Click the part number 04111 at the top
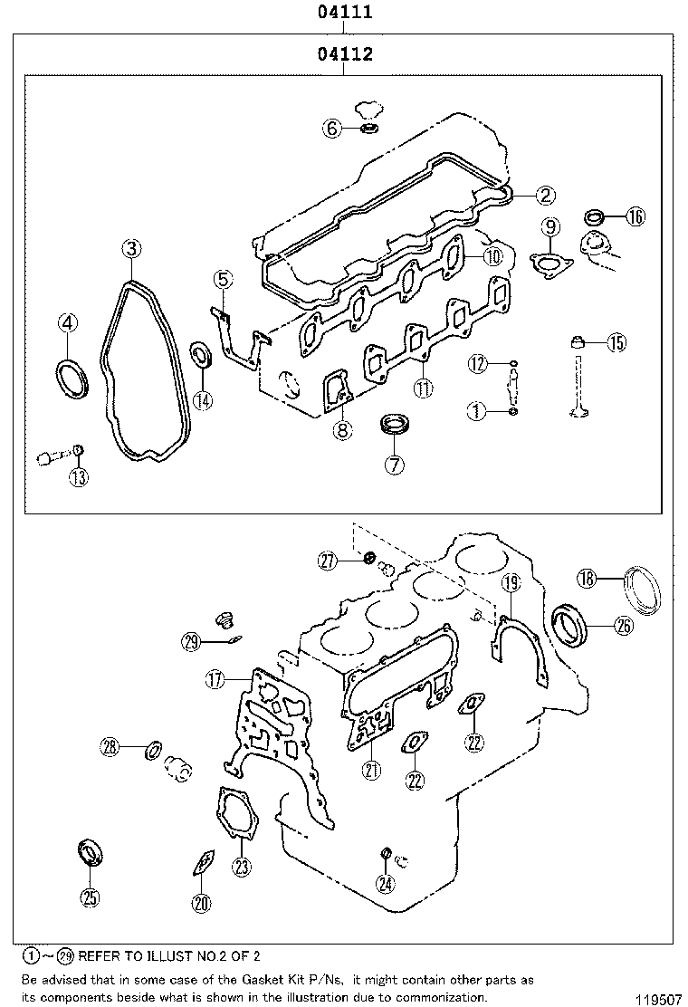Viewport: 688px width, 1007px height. tap(344, 13)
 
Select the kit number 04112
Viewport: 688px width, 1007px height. tap(344, 55)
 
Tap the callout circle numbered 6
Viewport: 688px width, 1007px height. tap(332, 129)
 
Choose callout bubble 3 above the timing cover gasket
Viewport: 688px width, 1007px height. tap(132, 248)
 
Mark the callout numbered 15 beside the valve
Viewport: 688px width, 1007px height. tap(616, 342)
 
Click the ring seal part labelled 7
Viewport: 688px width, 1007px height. tap(394, 424)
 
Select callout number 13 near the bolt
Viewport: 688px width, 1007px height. tap(80, 478)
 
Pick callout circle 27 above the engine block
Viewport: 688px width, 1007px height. tap(328, 561)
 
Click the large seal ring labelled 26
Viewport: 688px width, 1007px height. tap(570, 623)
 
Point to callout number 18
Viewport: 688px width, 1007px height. tap(588, 578)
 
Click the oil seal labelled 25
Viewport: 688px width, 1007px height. tap(90, 853)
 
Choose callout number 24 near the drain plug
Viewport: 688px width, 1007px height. tap(386, 885)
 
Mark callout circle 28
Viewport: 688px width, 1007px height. tap(110, 746)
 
